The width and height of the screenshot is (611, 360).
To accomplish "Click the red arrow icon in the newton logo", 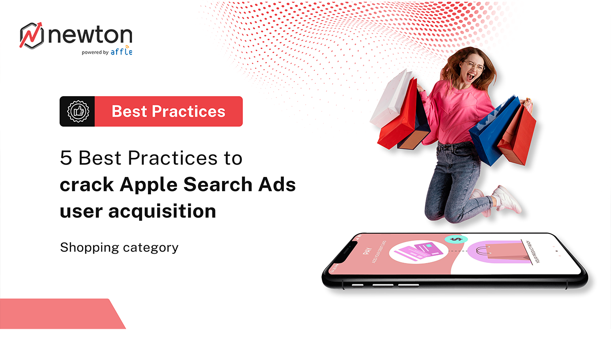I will [x=32, y=35].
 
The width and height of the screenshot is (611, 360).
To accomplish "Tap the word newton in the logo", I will [x=90, y=35].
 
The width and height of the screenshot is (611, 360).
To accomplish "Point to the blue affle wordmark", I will [x=121, y=52].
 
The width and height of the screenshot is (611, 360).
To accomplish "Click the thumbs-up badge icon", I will [x=78, y=111].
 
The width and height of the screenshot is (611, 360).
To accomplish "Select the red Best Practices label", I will [x=169, y=111].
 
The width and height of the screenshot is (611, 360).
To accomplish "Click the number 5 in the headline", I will [x=66, y=158].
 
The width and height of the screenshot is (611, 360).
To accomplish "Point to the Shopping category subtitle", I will [x=119, y=247].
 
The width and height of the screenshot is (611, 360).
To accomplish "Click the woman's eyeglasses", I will [x=474, y=67].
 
